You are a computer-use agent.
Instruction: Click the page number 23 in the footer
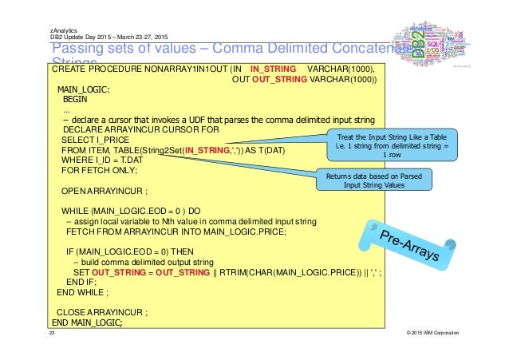(x=52, y=332)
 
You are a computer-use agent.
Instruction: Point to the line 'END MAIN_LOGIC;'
(x=88, y=322)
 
